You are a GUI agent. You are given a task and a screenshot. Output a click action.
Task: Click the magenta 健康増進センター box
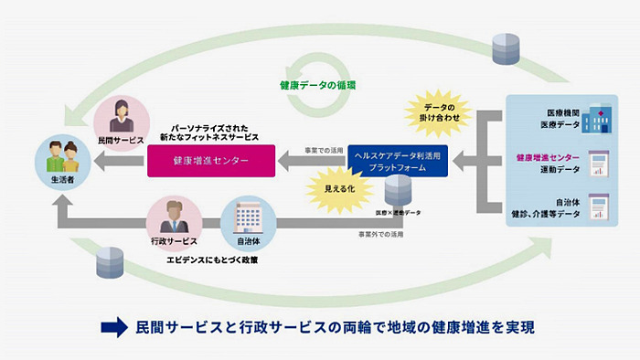(210, 162)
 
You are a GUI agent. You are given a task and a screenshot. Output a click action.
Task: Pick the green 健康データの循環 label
(318, 86)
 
